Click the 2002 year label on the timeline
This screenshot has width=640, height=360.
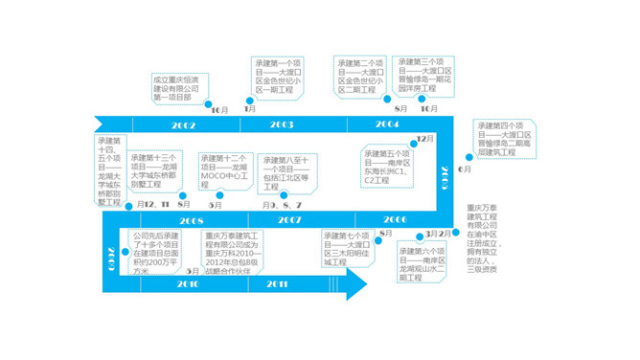tap(184, 125)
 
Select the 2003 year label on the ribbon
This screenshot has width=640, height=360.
tap(282, 125)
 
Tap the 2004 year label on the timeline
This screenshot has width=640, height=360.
tap(387, 125)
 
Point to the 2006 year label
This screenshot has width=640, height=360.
tap(395, 219)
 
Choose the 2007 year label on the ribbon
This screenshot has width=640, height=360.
tap(289, 219)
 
